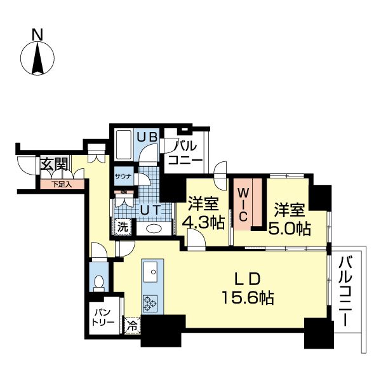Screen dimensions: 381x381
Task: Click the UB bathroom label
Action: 147,136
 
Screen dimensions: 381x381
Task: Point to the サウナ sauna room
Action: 123,177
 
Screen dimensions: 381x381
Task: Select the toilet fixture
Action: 98,281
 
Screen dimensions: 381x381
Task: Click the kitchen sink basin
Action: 152,272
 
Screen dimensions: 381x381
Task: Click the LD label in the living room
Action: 248,277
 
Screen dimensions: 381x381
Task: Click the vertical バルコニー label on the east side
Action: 346,290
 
